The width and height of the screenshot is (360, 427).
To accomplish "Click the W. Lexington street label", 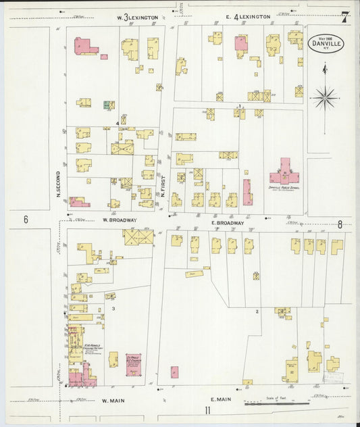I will tap(138, 17).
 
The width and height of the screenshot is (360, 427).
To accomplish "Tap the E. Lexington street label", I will tap(252, 17).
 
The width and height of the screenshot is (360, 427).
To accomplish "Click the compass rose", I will tap(325, 98).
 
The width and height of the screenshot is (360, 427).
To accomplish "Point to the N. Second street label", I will tap(59, 182).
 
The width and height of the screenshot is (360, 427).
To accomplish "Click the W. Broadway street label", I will tap(120, 220).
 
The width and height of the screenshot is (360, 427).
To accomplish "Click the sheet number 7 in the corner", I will tap(344, 17).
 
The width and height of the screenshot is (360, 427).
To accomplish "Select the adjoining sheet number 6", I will tap(26, 219).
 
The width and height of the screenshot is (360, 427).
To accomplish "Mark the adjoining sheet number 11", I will tap(208, 410).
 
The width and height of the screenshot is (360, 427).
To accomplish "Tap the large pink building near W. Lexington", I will tap(84, 47).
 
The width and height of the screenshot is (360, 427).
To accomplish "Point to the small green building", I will tap(106, 105).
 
